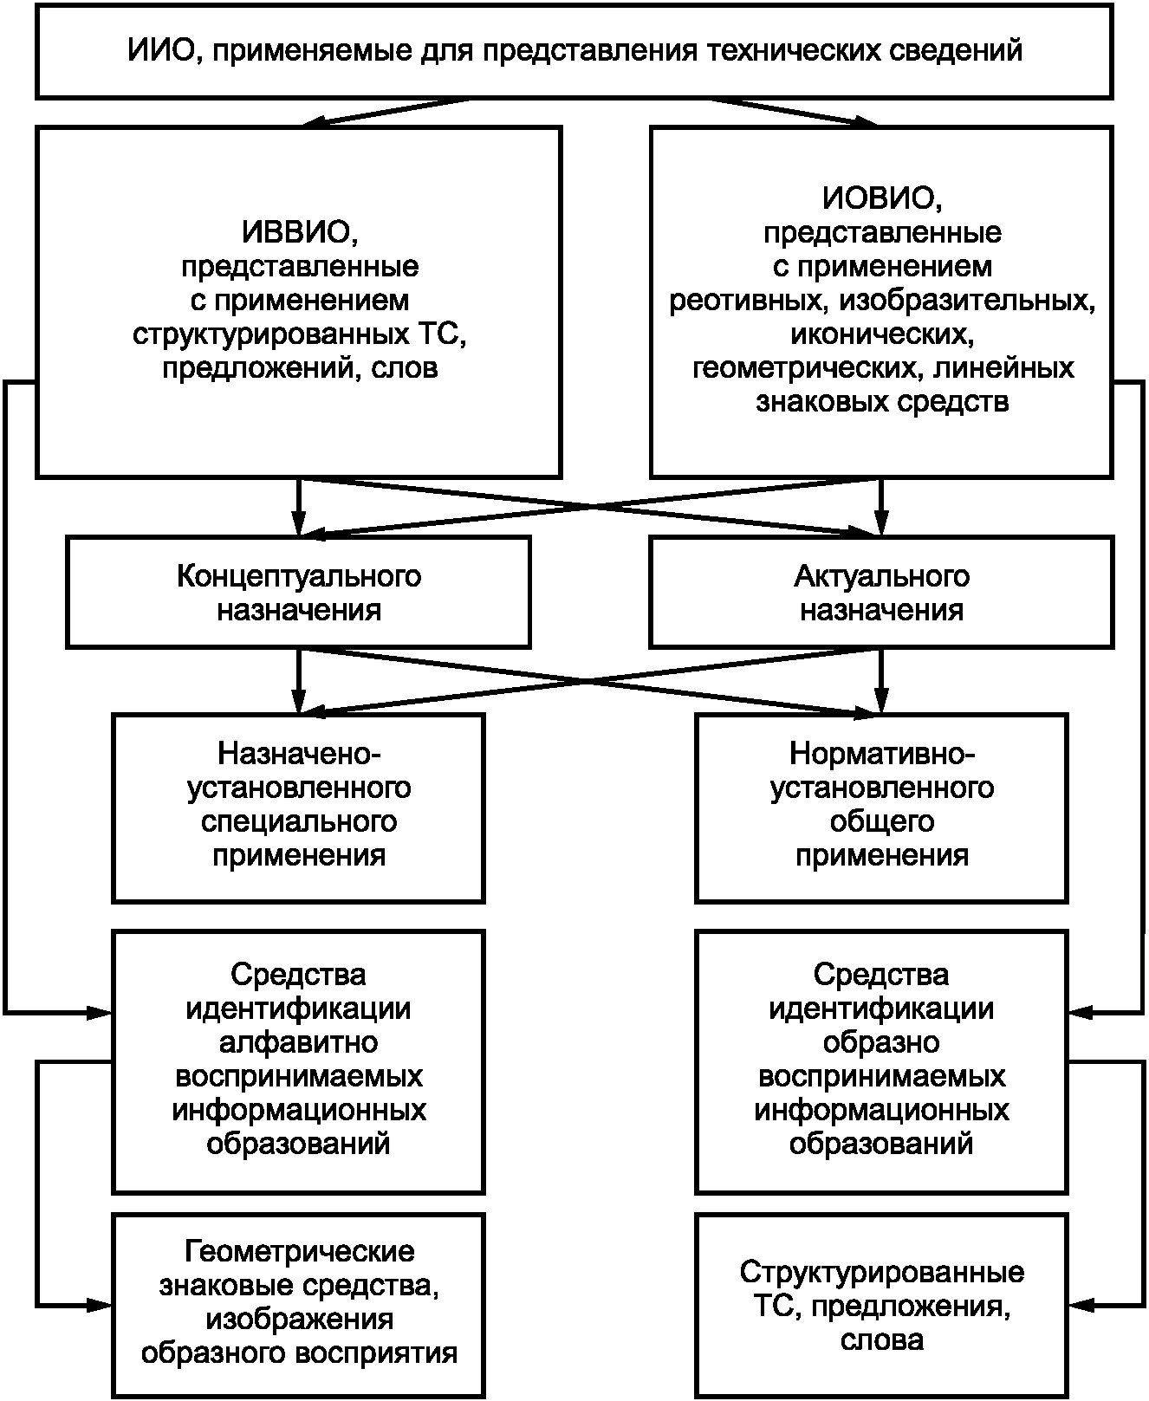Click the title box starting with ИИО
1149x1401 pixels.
[x=574, y=50]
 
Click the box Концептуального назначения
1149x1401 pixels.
[x=298, y=592]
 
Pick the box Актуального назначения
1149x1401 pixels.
[x=881, y=592]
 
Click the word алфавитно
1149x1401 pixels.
[x=299, y=1042]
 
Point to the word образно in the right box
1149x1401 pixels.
[x=882, y=1042]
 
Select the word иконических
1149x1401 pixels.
[x=882, y=334]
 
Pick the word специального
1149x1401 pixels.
[x=299, y=821]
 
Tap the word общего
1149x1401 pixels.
[x=882, y=821]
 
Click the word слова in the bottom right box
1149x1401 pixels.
[x=882, y=1339]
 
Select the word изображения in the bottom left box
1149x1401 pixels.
[x=299, y=1319]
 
